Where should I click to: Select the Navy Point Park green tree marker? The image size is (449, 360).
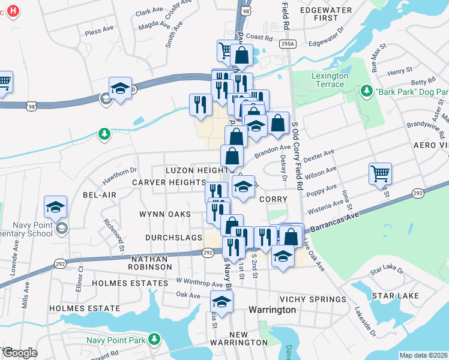click(154, 340)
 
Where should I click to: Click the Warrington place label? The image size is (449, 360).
click(272, 310)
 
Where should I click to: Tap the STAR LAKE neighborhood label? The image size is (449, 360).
click(391, 296)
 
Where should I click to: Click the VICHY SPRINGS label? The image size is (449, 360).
click(313, 299)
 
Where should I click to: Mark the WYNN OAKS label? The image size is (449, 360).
click(164, 214)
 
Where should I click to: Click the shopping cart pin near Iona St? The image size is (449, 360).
click(381, 173)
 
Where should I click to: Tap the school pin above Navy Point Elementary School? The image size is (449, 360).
click(55, 207)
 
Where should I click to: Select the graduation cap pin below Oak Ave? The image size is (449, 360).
click(221, 301)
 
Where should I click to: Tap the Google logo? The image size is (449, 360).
click(20, 352)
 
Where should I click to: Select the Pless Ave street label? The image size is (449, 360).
click(99, 29)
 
